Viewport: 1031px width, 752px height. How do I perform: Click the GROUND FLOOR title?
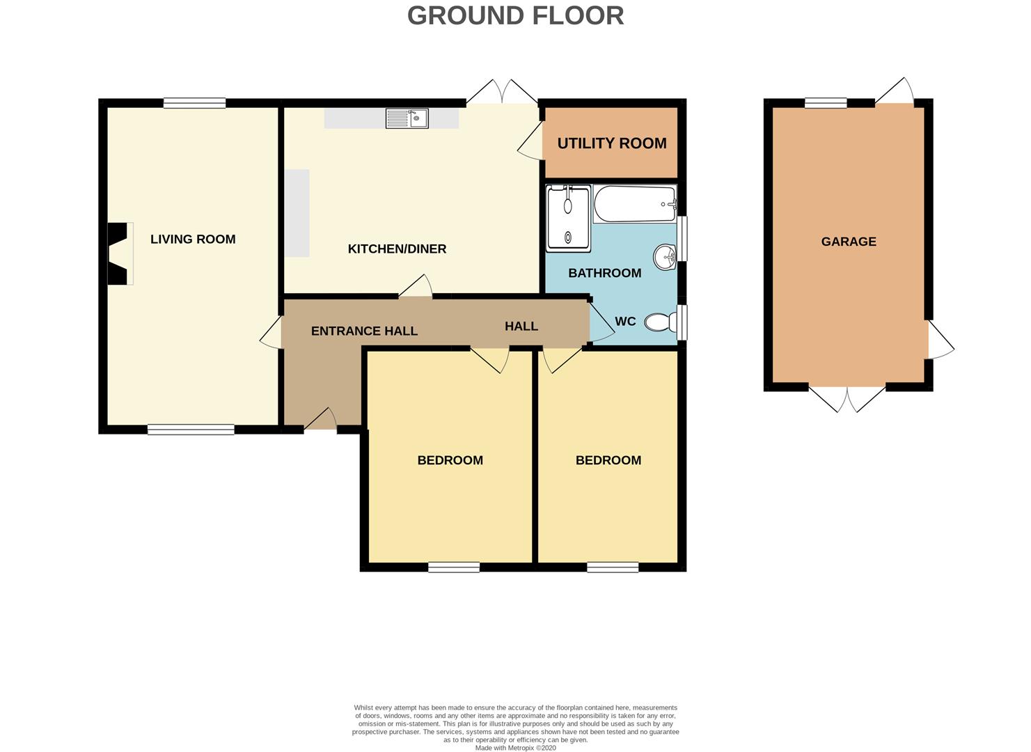coord(515,15)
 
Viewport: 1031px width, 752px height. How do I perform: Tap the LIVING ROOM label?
coord(193,239)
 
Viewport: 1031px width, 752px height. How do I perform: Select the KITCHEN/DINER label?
coord(397,249)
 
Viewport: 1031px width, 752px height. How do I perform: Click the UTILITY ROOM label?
coord(612,143)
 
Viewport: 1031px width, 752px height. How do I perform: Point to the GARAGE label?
coord(849,242)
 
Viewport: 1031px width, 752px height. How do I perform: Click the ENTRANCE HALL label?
coord(364,331)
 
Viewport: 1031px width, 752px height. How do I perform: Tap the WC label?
coord(625,321)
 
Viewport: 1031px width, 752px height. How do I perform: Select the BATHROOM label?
coord(604,273)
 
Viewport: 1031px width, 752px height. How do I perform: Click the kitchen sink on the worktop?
coord(407,118)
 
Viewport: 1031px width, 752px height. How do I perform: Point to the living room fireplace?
coord(120,253)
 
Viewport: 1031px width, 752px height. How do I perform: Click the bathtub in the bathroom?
coord(635,203)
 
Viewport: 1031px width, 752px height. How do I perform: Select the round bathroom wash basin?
coord(665,257)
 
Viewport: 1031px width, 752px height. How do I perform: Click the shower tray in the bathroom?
coord(568,217)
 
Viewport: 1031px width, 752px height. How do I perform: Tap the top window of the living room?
coord(195,103)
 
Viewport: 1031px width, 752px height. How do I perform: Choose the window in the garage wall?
coord(826,103)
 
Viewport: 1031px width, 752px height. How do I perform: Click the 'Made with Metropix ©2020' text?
coord(515,748)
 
